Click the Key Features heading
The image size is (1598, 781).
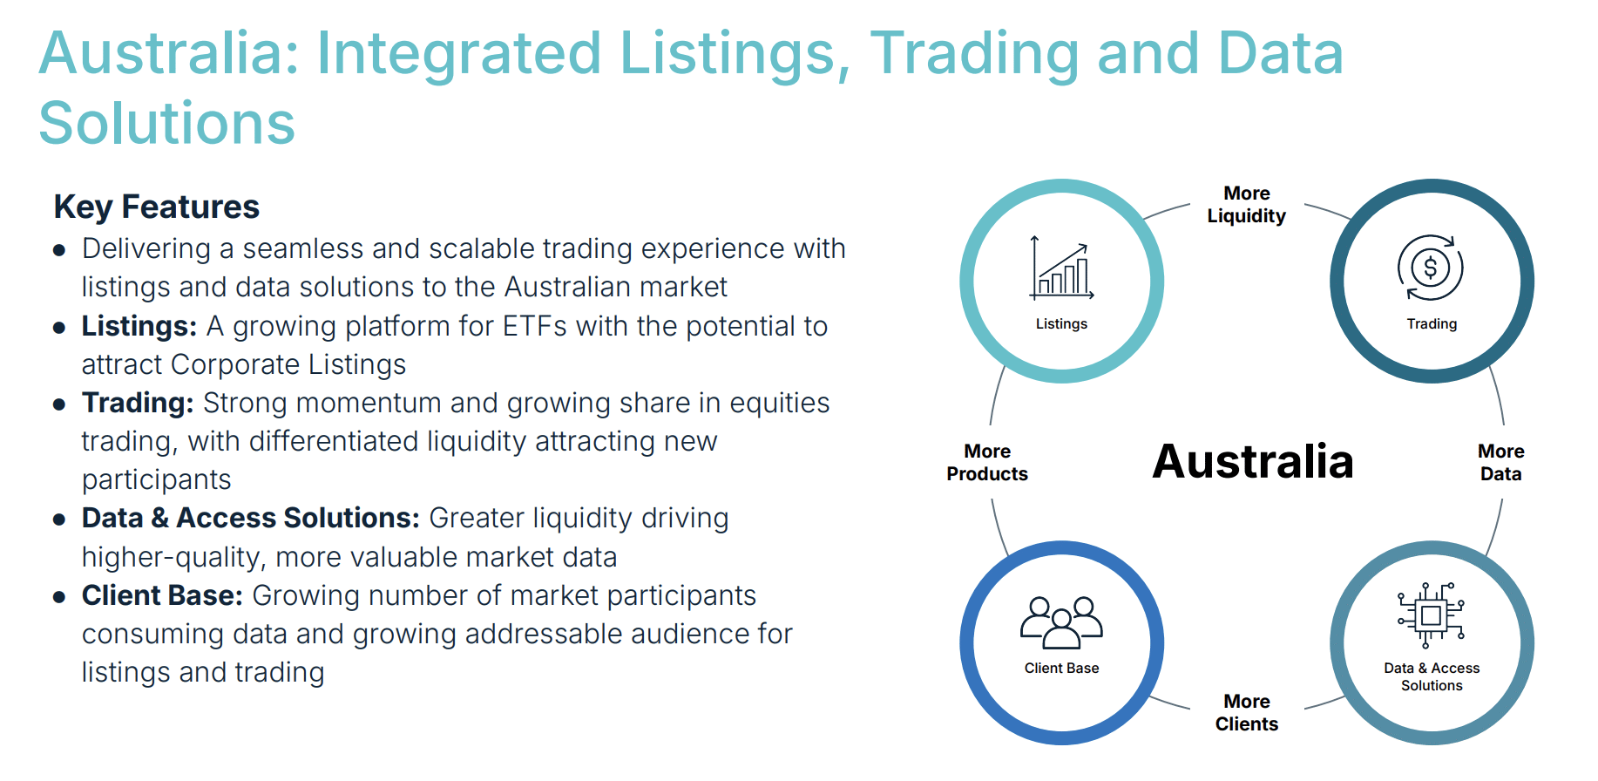click(x=157, y=207)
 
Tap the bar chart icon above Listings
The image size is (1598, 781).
click(x=1061, y=268)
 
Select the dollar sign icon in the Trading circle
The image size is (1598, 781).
click(x=1431, y=268)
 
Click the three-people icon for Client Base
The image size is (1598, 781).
click(x=1061, y=622)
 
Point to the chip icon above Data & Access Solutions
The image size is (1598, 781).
click(x=1431, y=615)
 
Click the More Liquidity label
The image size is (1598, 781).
click(x=1247, y=205)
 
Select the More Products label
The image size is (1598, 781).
click(x=987, y=463)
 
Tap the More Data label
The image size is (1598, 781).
click(x=1500, y=463)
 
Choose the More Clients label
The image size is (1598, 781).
click(x=1247, y=713)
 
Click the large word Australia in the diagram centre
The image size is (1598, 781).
click(x=1253, y=462)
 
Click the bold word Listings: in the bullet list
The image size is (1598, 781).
click(x=139, y=326)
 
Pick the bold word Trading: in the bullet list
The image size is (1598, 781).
click(x=138, y=404)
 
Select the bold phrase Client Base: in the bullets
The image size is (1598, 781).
click(x=162, y=595)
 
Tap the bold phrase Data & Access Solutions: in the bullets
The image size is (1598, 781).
click(x=251, y=518)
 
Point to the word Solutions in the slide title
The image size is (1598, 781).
click(x=167, y=123)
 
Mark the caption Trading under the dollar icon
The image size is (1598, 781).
click(x=1432, y=323)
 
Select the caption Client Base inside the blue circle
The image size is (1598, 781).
click(x=1061, y=668)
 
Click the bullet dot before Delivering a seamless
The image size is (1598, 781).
click(x=59, y=251)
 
